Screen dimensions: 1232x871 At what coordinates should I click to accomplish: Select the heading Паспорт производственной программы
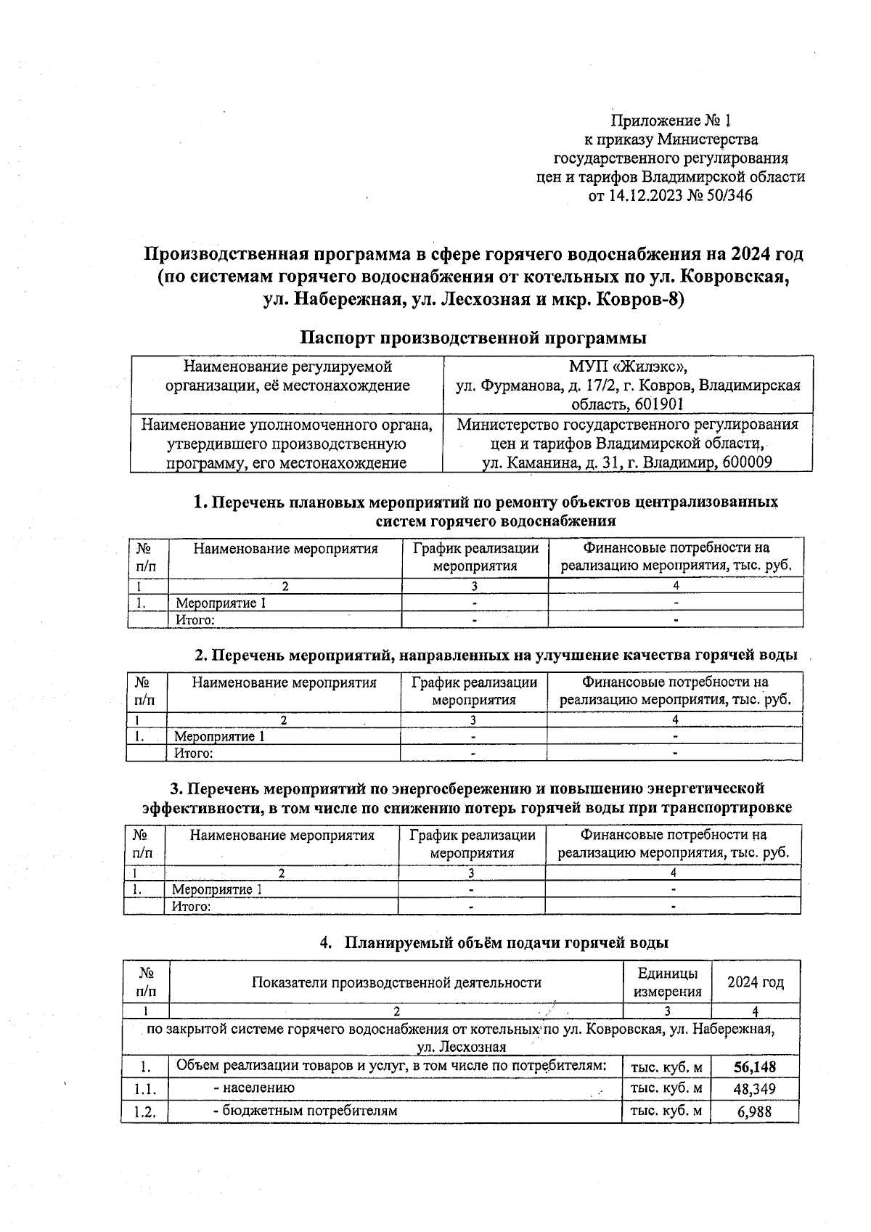point(473,338)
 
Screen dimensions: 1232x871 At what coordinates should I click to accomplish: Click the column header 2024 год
point(756,982)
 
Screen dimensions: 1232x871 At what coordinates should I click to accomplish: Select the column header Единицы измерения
point(668,982)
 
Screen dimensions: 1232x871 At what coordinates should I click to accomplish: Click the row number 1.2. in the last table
point(145,1111)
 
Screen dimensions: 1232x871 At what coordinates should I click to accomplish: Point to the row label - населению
point(254,1088)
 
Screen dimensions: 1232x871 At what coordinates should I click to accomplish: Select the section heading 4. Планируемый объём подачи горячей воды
point(494,942)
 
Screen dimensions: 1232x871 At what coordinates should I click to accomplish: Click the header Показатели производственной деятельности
point(396,982)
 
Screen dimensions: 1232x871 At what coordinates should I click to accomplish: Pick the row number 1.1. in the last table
point(145,1089)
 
